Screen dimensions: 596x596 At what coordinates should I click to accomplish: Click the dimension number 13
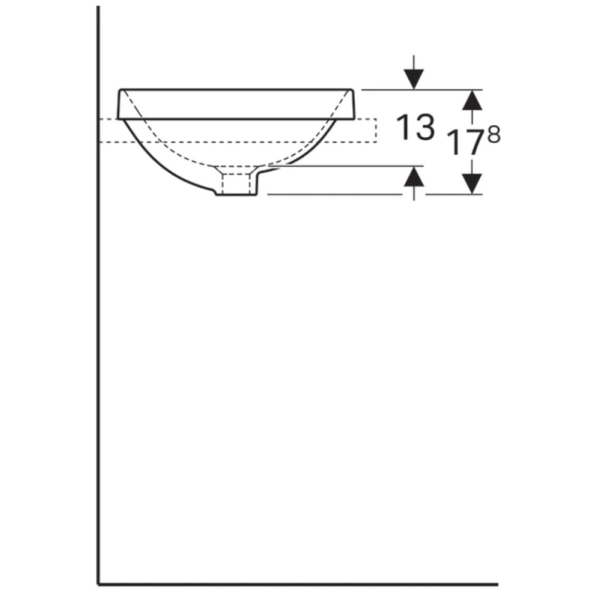tap(416, 127)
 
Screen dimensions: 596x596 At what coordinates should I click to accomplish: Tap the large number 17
tap(465, 142)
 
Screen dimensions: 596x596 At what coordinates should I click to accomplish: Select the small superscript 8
tap(494, 135)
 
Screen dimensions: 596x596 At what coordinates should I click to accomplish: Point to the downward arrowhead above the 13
tap(414, 79)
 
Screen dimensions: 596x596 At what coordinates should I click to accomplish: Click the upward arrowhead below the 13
tap(414, 177)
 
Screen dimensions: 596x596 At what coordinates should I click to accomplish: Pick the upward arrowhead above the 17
tap(472, 100)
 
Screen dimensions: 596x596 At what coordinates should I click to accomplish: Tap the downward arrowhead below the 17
tap(472, 184)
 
